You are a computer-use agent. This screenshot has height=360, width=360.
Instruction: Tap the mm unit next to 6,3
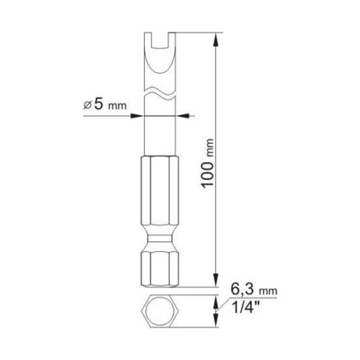(x=267, y=289)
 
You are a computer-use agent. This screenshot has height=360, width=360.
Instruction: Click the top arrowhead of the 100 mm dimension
(x=217, y=37)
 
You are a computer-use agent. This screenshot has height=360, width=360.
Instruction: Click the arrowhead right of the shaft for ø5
(x=180, y=113)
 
